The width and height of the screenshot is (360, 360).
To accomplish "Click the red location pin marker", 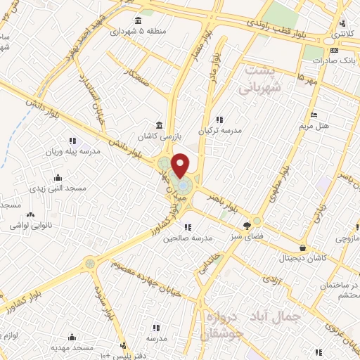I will click(180, 165).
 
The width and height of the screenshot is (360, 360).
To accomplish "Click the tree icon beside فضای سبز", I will click(247, 226).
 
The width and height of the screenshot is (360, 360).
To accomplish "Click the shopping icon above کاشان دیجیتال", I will click(302, 247).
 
